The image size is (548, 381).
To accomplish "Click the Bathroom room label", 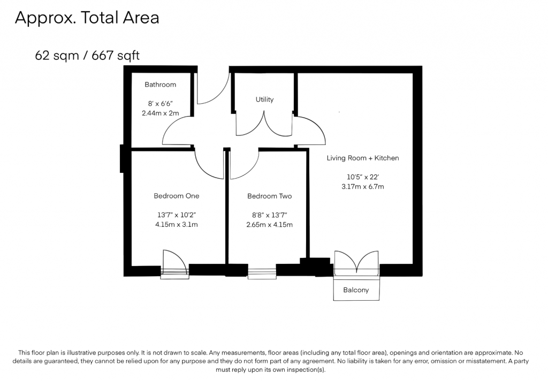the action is (x=161, y=85).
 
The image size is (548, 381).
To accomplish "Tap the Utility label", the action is (x=264, y=100).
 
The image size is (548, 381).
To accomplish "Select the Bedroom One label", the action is (x=177, y=196).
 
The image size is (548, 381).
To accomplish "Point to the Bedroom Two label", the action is (x=270, y=196).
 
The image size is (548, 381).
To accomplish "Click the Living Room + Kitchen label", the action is (x=363, y=158).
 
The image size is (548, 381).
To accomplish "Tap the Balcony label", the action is (x=356, y=290).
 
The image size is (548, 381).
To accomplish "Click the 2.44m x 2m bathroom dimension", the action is (x=161, y=113).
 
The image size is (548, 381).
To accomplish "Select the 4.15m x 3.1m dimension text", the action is (x=177, y=224).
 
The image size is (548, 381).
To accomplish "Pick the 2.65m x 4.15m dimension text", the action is (x=270, y=225).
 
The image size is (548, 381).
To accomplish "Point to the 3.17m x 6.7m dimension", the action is (x=363, y=187).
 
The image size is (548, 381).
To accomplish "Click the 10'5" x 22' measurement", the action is (x=363, y=177).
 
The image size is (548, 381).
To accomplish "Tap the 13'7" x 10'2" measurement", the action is (x=177, y=215).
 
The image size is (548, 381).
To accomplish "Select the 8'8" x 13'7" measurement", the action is (x=270, y=215).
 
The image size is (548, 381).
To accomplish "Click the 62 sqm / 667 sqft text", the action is (x=87, y=55).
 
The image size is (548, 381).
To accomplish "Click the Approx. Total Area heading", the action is (x=87, y=18).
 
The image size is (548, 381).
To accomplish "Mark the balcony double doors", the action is (x=356, y=262).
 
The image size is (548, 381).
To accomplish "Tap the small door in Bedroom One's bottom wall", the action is (x=174, y=264).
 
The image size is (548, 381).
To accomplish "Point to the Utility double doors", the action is (x=264, y=124).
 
